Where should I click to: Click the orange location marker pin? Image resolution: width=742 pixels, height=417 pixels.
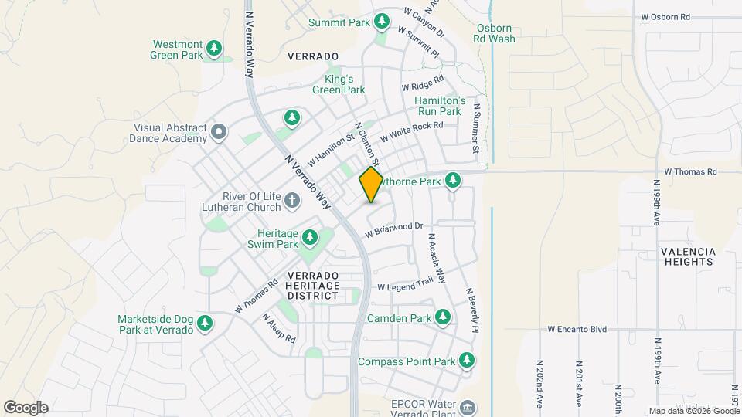pyautogui.click(x=372, y=185)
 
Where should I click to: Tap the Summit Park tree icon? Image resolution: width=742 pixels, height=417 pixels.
pyautogui.click(x=381, y=21)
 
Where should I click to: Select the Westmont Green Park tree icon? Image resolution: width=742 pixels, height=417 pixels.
pyautogui.click(x=215, y=49)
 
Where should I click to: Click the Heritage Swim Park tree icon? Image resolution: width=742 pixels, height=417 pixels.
pyautogui.click(x=310, y=237)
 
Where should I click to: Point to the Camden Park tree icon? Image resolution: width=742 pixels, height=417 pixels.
pyautogui.click(x=443, y=317)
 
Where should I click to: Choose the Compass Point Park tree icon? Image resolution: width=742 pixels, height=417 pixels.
pyautogui.click(x=467, y=361)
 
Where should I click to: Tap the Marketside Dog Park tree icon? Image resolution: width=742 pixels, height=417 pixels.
pyautogui.click(x=205, y=324)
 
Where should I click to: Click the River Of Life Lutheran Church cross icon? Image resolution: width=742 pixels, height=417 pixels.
pyautogui.click(x=292, y=202)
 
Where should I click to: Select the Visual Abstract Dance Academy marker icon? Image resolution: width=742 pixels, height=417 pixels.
pyautogui.click(x=219, y=132)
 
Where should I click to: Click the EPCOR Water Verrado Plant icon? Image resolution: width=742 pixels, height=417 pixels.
pyautogui.click(x=467, y=407)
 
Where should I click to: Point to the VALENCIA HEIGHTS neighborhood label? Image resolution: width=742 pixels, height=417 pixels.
pyautogui.click(x=688, y=257)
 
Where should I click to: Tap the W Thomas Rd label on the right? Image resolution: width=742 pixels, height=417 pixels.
pyautogui.click(x=690, y=171)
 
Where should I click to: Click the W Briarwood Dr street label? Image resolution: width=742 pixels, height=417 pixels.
pyautogui.click(x=395, y=229)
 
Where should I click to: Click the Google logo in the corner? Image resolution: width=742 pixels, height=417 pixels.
pyautogui.click(x=26, y=407)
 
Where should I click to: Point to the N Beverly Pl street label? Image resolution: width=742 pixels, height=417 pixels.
pyautogui.click(x=472, y=310)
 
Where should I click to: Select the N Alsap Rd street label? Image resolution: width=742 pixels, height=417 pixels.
pyautogui.click(x=278, y=328)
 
